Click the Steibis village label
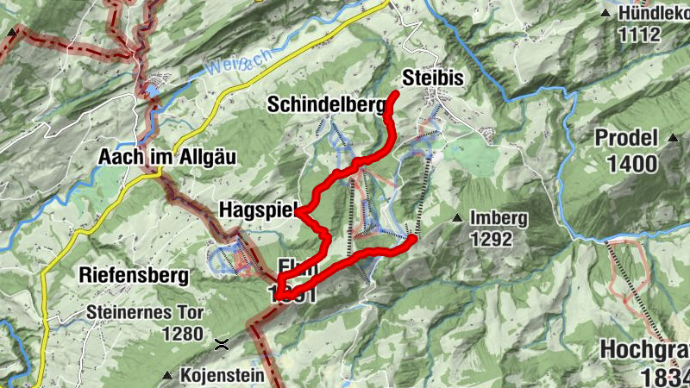click(x=433, y=78)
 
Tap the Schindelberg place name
click(x=325, y=105)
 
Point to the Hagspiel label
click(x=257, y=210)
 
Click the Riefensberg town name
click(x=133, y=276)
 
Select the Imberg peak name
click(x=499, y=218)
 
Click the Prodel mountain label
click(x=626, y=137)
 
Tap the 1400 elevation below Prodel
click(x=631, y=163)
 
